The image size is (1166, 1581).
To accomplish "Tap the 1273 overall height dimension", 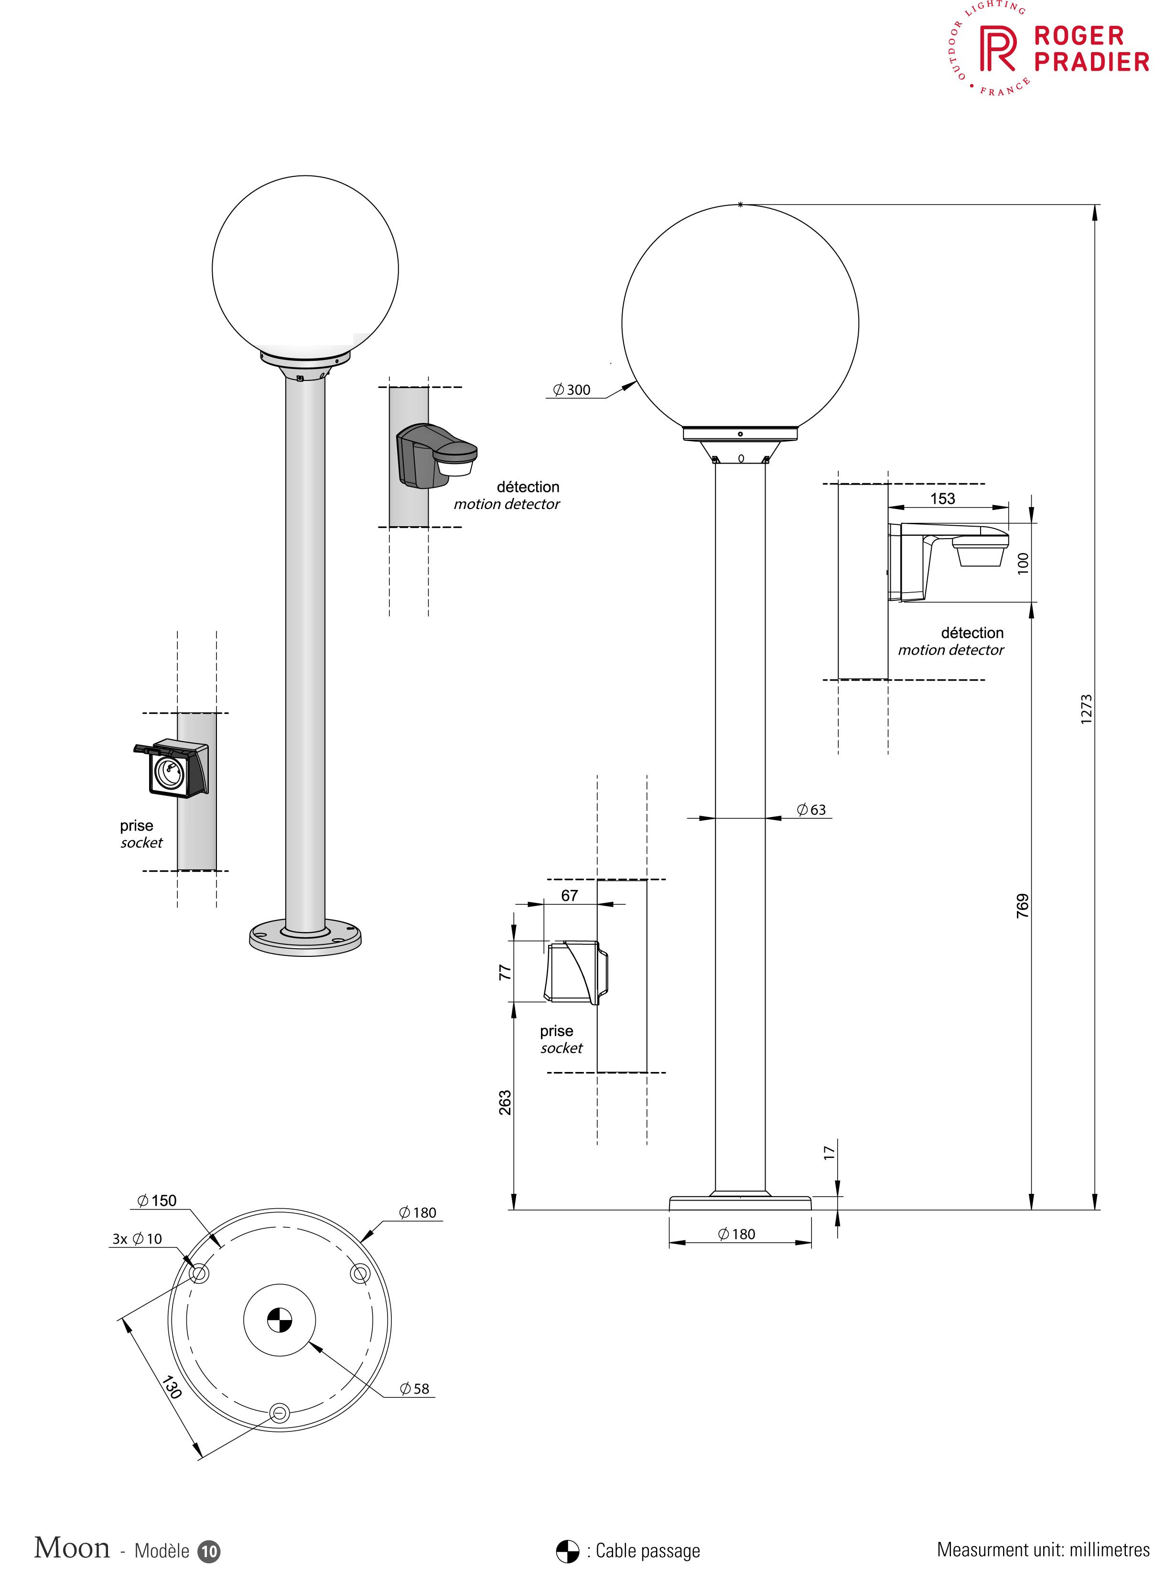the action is [1086, 709].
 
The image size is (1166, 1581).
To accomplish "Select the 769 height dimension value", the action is [1023, 906].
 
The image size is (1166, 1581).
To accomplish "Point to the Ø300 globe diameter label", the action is [572, 390].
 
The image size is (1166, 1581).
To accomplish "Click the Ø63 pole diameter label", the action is [812, 810].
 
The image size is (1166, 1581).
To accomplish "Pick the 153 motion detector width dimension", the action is [943, 498].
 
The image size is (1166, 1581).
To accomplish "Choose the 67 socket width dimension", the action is [570, 896].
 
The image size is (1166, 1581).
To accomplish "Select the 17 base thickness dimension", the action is [829, 1153].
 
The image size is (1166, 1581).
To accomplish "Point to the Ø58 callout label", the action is [415, 1388].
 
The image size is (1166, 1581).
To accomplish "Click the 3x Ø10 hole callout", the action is [138, 1239].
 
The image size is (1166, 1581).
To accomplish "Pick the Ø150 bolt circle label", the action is [157, 1201].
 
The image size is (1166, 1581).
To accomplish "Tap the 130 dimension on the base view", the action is [172, 1387].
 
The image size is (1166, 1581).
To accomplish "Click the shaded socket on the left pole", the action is [172, 768].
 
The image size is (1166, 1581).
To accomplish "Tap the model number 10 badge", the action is [209, 1551].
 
